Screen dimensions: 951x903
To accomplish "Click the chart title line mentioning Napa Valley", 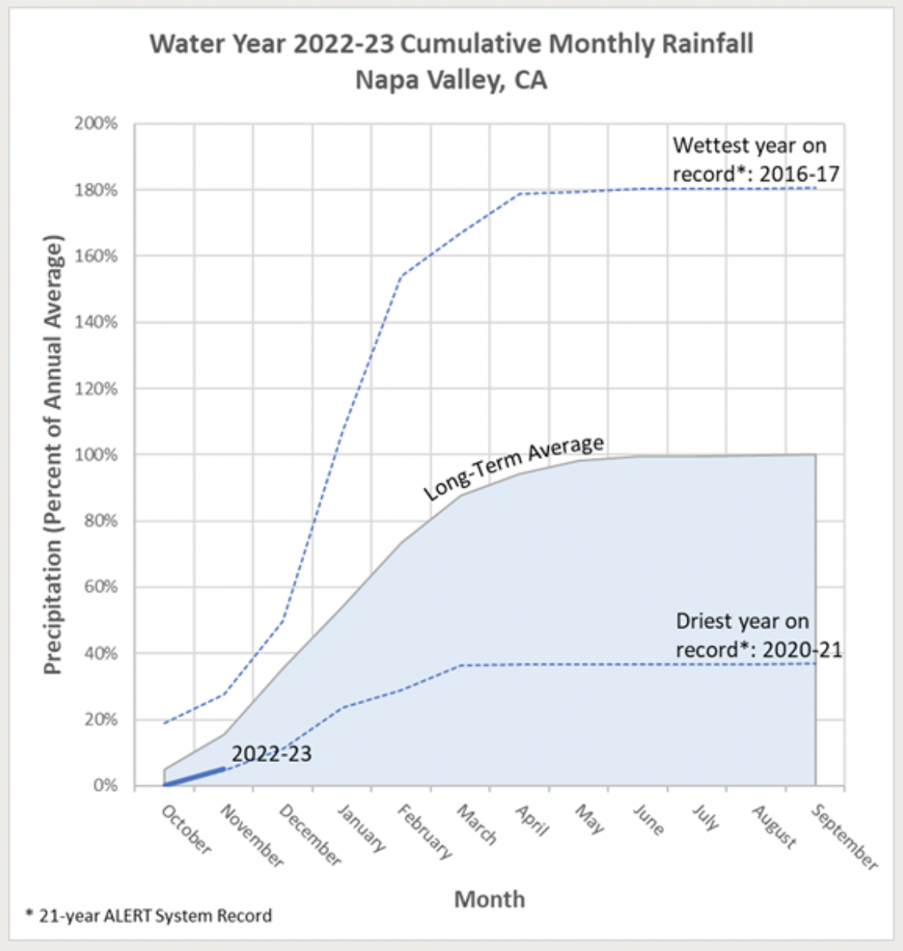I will point(451,80).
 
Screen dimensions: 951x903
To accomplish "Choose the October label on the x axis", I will point(186,830).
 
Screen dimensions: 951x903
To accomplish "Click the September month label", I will point(843,837).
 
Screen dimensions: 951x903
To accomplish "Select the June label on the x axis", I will point(649,820).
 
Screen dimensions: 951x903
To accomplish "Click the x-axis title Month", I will point(489,899).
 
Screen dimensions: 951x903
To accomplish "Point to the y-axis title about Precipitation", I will point(53,455).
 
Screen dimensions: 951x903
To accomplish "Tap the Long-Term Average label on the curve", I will point(513,467).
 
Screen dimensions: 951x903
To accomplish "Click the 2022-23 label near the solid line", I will point(271,754).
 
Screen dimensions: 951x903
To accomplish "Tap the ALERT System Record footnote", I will point(149,916).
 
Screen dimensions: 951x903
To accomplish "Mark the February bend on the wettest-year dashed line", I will point(401,276).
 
